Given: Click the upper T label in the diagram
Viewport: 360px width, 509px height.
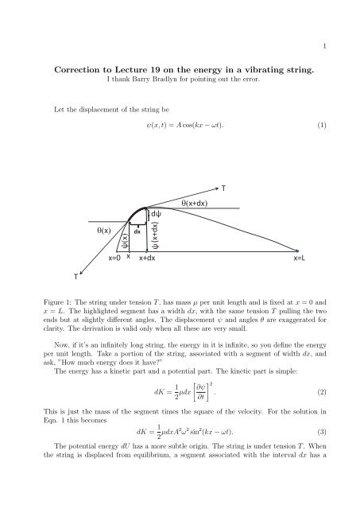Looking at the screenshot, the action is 223,189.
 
